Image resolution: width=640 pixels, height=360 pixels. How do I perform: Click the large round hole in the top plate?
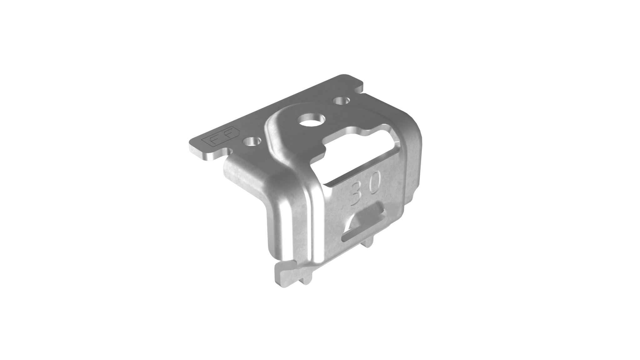pos(312,120)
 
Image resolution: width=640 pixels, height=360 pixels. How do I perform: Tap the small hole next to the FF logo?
pos(252,142)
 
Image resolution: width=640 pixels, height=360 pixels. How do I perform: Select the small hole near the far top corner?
pos(342,101)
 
